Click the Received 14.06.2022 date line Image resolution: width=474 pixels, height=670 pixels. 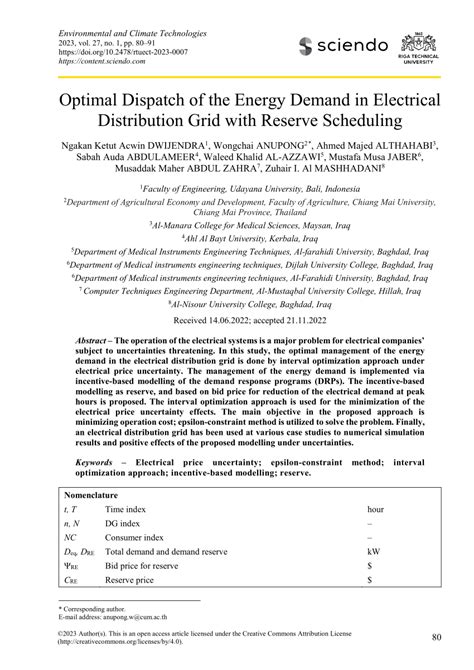[236, 322]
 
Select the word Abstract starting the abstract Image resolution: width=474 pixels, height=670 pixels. [95, 341]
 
